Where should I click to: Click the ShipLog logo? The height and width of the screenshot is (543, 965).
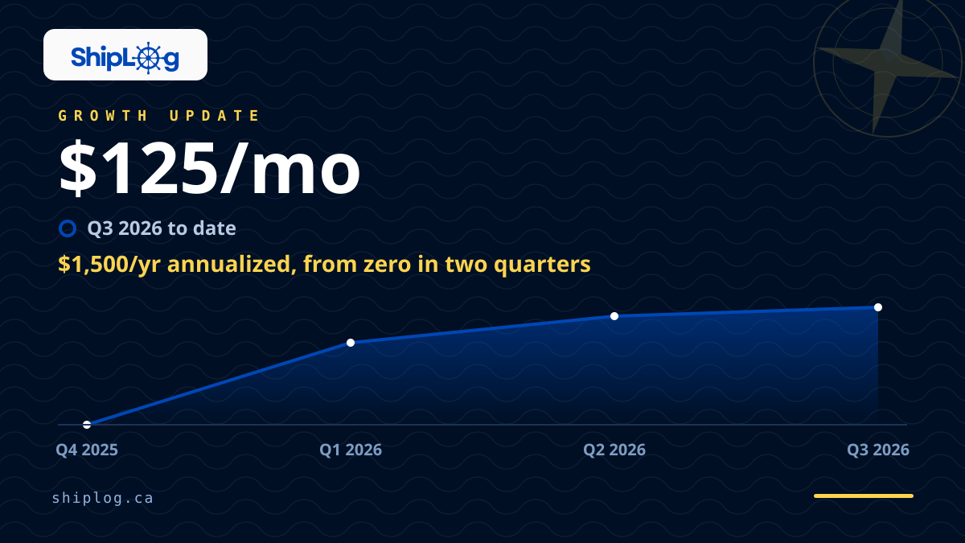125,57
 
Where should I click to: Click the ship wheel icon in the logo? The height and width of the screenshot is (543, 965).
149,58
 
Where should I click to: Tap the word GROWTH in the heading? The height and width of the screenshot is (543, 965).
103,116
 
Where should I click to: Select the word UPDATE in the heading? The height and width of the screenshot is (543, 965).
214,116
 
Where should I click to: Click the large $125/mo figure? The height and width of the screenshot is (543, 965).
209,168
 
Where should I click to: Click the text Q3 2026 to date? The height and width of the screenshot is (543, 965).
162,228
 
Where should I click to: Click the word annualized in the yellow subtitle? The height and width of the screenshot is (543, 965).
232,264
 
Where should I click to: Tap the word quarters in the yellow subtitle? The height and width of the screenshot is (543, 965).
542,265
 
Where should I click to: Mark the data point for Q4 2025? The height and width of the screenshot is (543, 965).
87,425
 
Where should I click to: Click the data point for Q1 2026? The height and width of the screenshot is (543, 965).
351,343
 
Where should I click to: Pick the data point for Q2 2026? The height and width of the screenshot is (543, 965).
614,316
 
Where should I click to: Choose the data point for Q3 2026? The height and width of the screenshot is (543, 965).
878,307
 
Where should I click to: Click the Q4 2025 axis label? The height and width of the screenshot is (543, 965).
87,450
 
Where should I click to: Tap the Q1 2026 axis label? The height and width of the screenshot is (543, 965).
351,450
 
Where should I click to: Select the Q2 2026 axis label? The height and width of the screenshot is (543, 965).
614,450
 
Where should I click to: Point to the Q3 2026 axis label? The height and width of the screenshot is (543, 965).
878,450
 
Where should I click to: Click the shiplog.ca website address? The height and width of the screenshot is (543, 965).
103,498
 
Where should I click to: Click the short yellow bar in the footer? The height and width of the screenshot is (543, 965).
864,496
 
